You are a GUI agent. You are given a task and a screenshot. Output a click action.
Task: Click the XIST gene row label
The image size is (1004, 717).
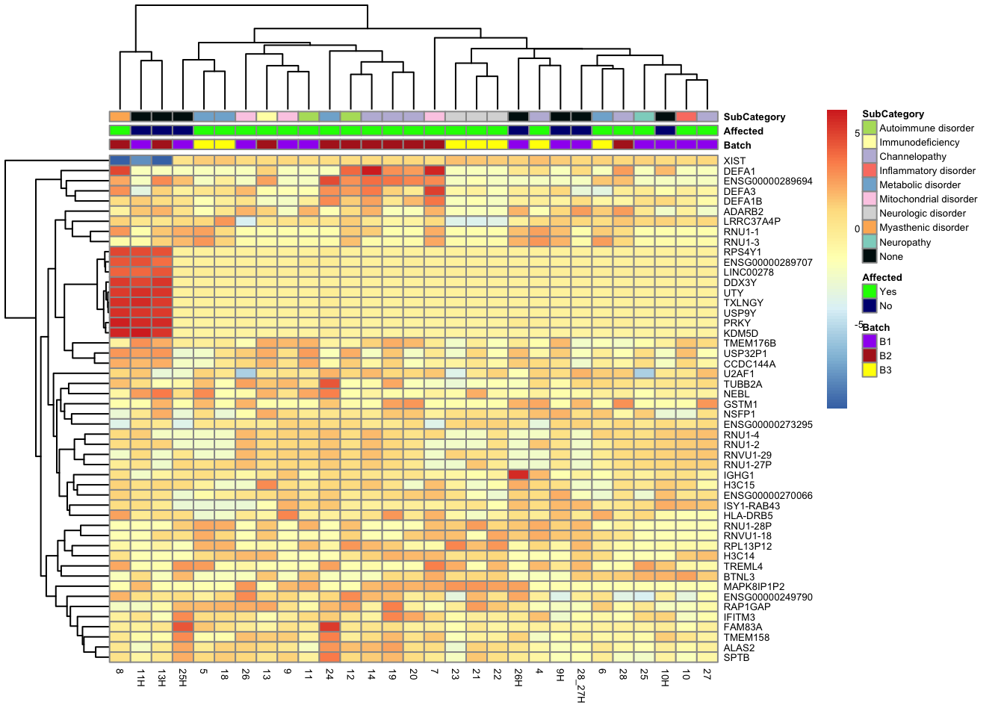coord(734,161)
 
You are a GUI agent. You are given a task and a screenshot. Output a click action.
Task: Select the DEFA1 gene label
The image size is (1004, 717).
coord(739,171)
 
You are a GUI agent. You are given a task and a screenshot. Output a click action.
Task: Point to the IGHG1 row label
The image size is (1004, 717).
coord(739,475)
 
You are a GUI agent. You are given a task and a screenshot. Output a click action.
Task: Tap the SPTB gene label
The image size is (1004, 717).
coord(736,657)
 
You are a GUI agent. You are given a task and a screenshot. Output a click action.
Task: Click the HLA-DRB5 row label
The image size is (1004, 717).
coord(748,515)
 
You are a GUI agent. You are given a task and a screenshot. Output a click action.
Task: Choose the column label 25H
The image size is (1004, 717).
coord(182,677)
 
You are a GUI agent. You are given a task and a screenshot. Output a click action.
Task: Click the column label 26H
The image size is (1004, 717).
coord(518,677)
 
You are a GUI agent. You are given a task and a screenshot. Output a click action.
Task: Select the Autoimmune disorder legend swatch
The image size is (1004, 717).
coord(870,128)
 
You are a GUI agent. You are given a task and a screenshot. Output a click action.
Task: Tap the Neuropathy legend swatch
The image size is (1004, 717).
coord(870,242)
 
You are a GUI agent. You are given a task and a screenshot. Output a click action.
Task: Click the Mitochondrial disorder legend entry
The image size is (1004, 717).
coord(928,199)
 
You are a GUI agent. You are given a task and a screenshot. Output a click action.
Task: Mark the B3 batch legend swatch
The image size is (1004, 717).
coord(870,370)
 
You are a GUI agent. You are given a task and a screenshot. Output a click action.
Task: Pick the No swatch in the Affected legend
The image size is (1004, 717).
coord(870,305)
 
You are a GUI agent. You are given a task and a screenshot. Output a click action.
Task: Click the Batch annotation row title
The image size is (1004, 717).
coord(737,145)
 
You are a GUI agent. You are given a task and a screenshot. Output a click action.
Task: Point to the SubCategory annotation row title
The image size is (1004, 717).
coord(754,117)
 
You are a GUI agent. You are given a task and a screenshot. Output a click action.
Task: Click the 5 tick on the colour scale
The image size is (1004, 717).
coord(858,133)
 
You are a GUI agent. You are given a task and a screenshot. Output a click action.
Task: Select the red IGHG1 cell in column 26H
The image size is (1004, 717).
coord(518,475)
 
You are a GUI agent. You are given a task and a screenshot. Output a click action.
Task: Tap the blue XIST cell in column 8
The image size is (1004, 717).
coord(120,161)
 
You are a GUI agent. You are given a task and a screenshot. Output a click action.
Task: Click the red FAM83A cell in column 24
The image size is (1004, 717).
coord(329,627)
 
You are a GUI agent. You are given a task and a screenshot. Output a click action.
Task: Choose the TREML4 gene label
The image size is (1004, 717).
coord(743,566)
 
